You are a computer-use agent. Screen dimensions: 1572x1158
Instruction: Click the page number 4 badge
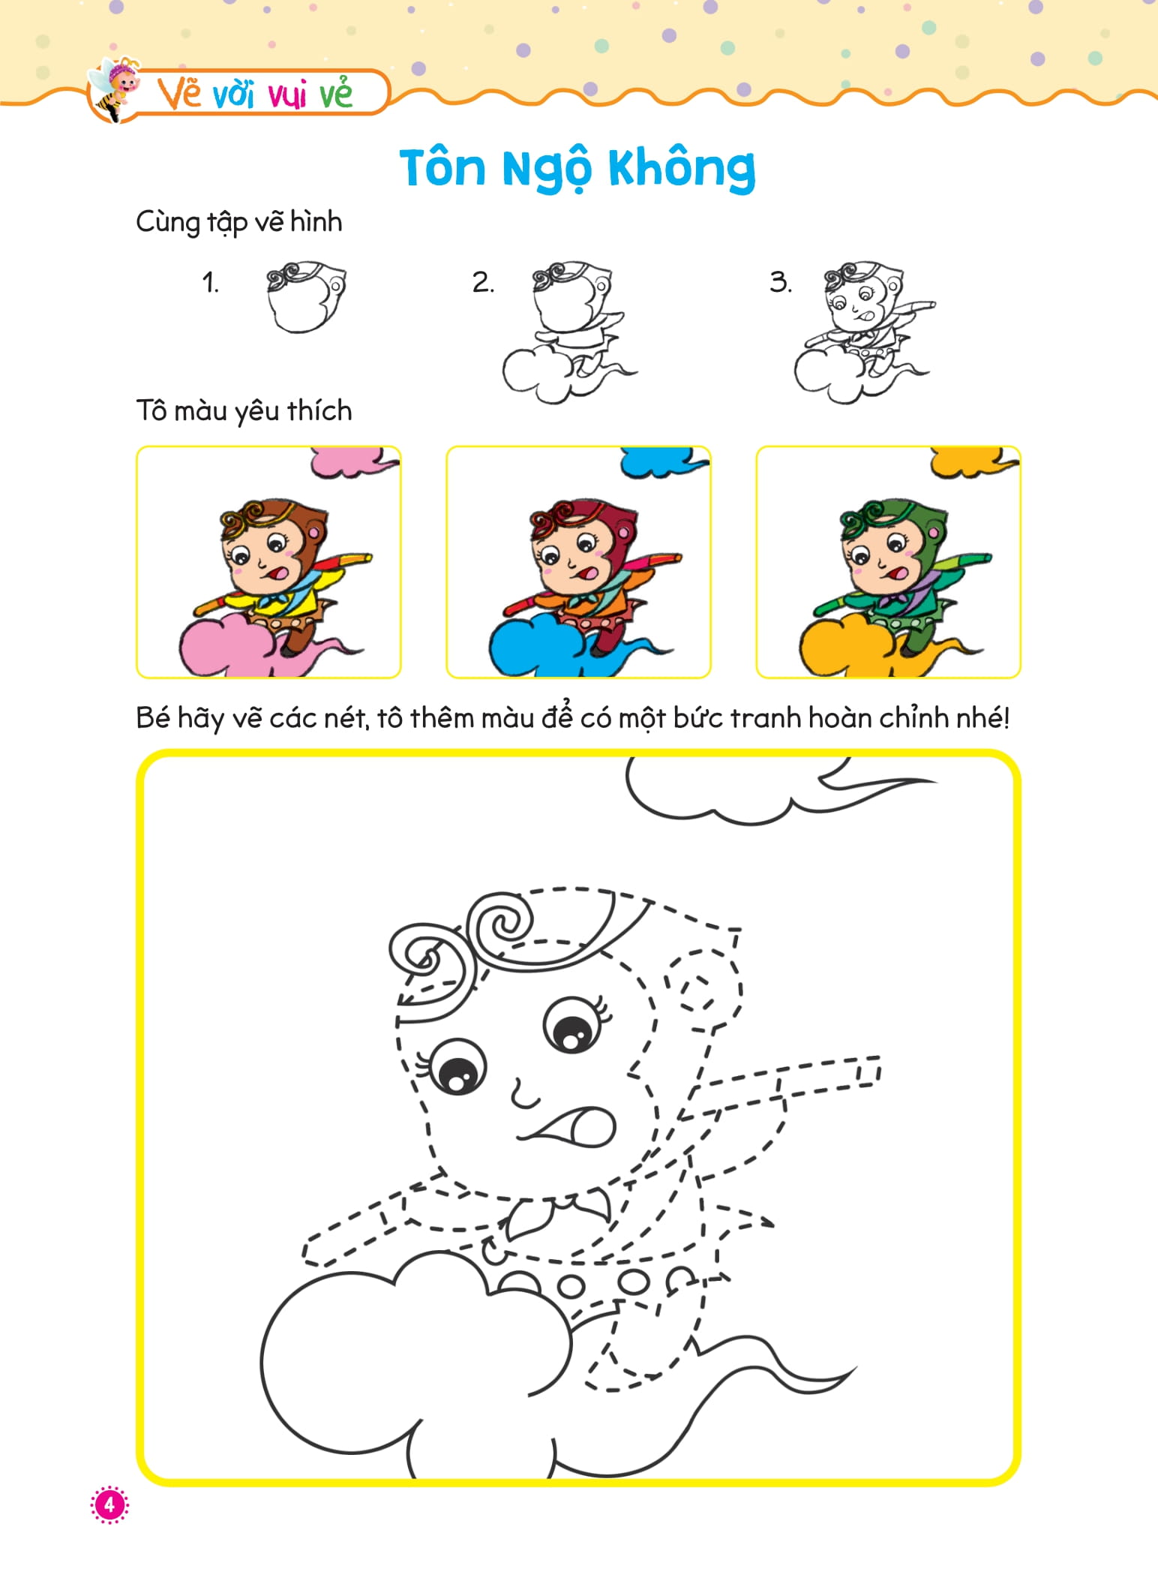pyautogui.click(x=109, y=1504)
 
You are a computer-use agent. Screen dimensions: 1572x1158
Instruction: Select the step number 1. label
pyautogui.click(x=211, y=283)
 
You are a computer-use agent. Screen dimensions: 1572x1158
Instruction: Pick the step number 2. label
pyautogui.click(x=483, y=283)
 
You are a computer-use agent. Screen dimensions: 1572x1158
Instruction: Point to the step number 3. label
pyautogui.click(x=780, y=283)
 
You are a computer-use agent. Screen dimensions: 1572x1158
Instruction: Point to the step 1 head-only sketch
pyautogui.click(x=306, y=297)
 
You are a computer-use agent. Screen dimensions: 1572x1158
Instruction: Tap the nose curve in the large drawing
pyautogui.click(x=523, y=1096)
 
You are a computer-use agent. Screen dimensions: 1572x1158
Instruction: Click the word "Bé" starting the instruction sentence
pyautogui.click(x=154, y=718)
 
